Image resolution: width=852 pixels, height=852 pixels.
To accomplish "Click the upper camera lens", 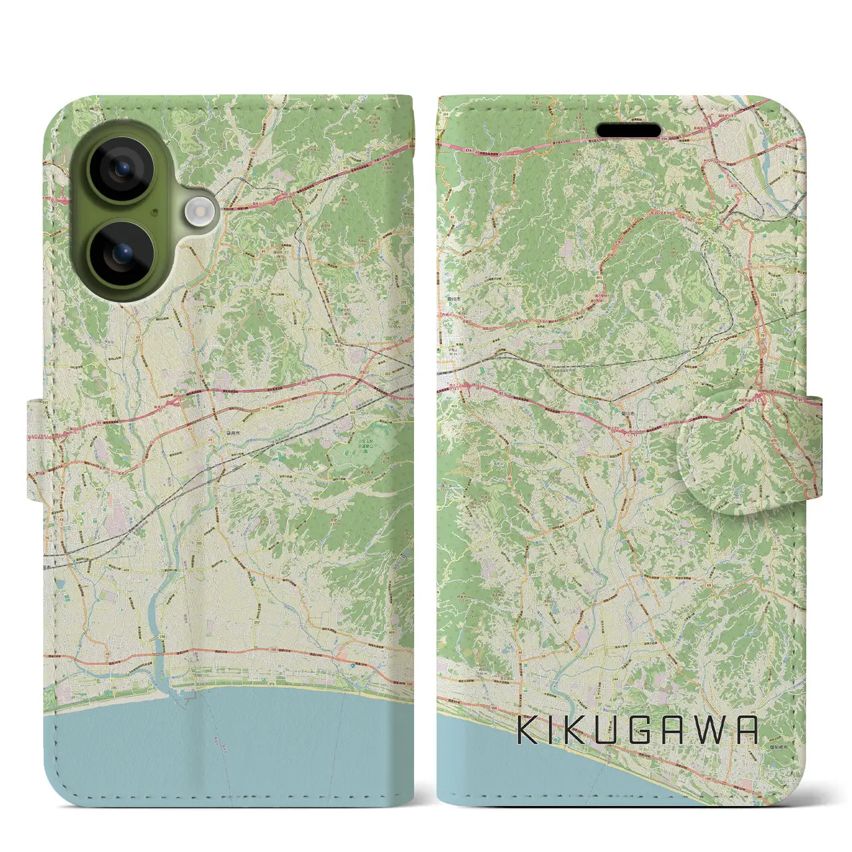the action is tap(121, 168).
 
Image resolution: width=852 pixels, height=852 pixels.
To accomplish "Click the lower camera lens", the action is tap(121, 254).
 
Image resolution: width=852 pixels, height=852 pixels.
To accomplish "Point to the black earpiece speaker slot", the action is tap(628, 129).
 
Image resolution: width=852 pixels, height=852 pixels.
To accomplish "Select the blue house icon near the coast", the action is tap(334, 665).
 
